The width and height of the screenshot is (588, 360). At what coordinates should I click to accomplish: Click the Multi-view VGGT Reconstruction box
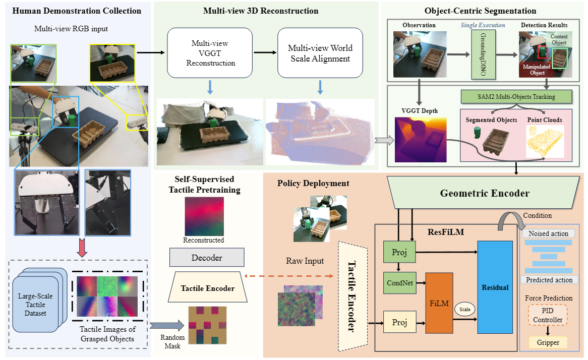pyautogui.click(x=210, y=53)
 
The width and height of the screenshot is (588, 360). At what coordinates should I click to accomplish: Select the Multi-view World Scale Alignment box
pyautogui.click(x=320, y=53)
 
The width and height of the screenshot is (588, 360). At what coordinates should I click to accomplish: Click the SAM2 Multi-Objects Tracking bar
pyautogui.click(x=515, y=96)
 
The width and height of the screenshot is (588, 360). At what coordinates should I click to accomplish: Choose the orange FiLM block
pyautogui.click(x=440, y=303)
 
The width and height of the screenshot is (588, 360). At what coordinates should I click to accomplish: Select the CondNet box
pyautogui.click(x=400, y=283)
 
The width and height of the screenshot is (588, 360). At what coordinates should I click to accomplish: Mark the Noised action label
pyautogui.click(x=548, y=233)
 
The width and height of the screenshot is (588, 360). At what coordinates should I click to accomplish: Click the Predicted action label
pyautogui.click(x=549, y=280)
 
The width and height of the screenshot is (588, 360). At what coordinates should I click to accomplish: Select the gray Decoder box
pyautogui.click(x=207, y=258)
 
